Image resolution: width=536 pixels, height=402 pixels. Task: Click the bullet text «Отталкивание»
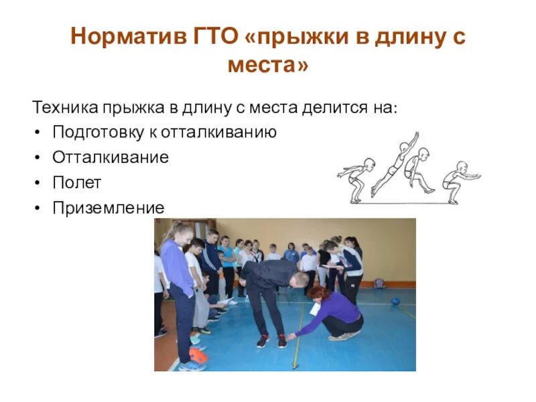click(111, 158)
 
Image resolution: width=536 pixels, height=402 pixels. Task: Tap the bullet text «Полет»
click(76, 183)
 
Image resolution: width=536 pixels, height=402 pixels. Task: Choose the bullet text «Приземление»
click(108, 208)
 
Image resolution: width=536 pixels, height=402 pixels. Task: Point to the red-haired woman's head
click(317, 295)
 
